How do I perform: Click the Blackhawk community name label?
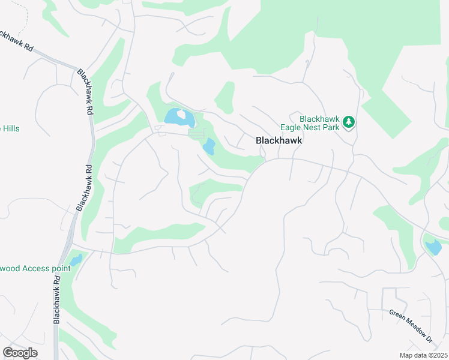[279, 140]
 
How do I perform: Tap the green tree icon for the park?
[349, 122]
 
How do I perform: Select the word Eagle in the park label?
[292, 127]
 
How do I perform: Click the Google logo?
[20, 353]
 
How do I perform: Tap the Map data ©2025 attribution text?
[423, 355]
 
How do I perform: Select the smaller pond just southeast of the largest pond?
[209, 146]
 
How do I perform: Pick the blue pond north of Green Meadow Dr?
[432, 247]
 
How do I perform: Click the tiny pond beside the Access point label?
[76, 260]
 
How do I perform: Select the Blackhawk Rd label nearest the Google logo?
[58, 299]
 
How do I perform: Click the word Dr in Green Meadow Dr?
[429, 338]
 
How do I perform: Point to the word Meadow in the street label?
[412, 327]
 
